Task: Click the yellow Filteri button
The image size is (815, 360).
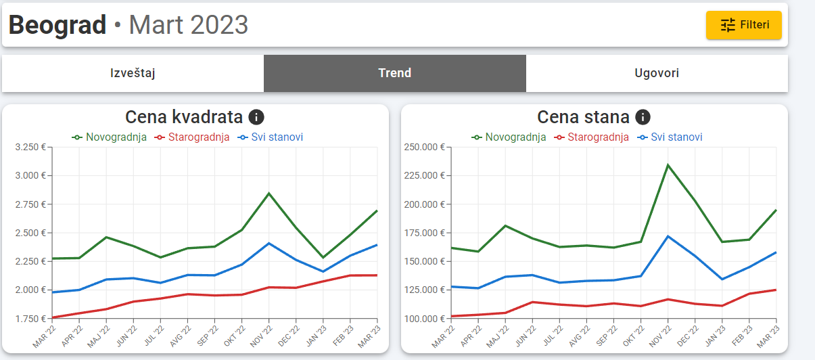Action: click(743, 25)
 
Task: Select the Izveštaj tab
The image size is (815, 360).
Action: click(133, 73)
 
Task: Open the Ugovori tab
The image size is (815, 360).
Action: click(657, 73)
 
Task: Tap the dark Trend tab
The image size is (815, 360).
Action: click(394, 73)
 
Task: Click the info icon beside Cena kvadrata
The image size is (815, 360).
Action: click(256, 117)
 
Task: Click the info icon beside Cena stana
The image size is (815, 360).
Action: click(643, 117)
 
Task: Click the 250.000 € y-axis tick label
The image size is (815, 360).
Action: click(423, 148)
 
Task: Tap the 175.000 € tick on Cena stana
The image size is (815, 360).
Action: click(423, 233)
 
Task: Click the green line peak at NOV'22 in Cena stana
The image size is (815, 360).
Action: click(668, 165)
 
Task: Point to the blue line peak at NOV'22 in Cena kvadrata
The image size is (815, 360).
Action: click(269, 243)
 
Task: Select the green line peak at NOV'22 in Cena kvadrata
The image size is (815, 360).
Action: click(269, 194)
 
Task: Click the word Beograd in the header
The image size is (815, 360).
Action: click(57, 25)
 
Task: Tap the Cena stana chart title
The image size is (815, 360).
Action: click(583, 117)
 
